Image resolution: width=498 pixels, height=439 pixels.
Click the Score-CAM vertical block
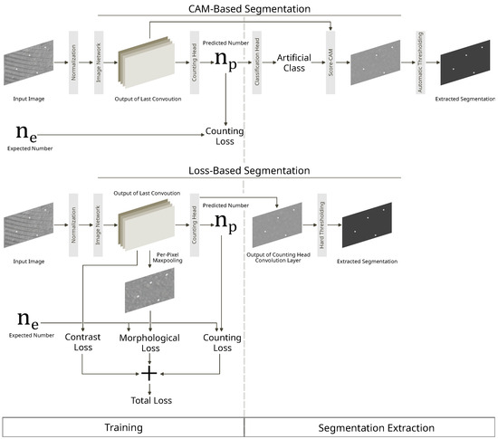[334, 63]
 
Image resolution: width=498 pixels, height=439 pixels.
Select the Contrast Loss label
[81, 340]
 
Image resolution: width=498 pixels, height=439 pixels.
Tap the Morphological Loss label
[151, 340]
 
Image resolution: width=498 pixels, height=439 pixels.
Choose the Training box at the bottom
[123, 426]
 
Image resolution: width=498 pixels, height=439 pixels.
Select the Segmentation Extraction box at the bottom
[370, 426]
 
